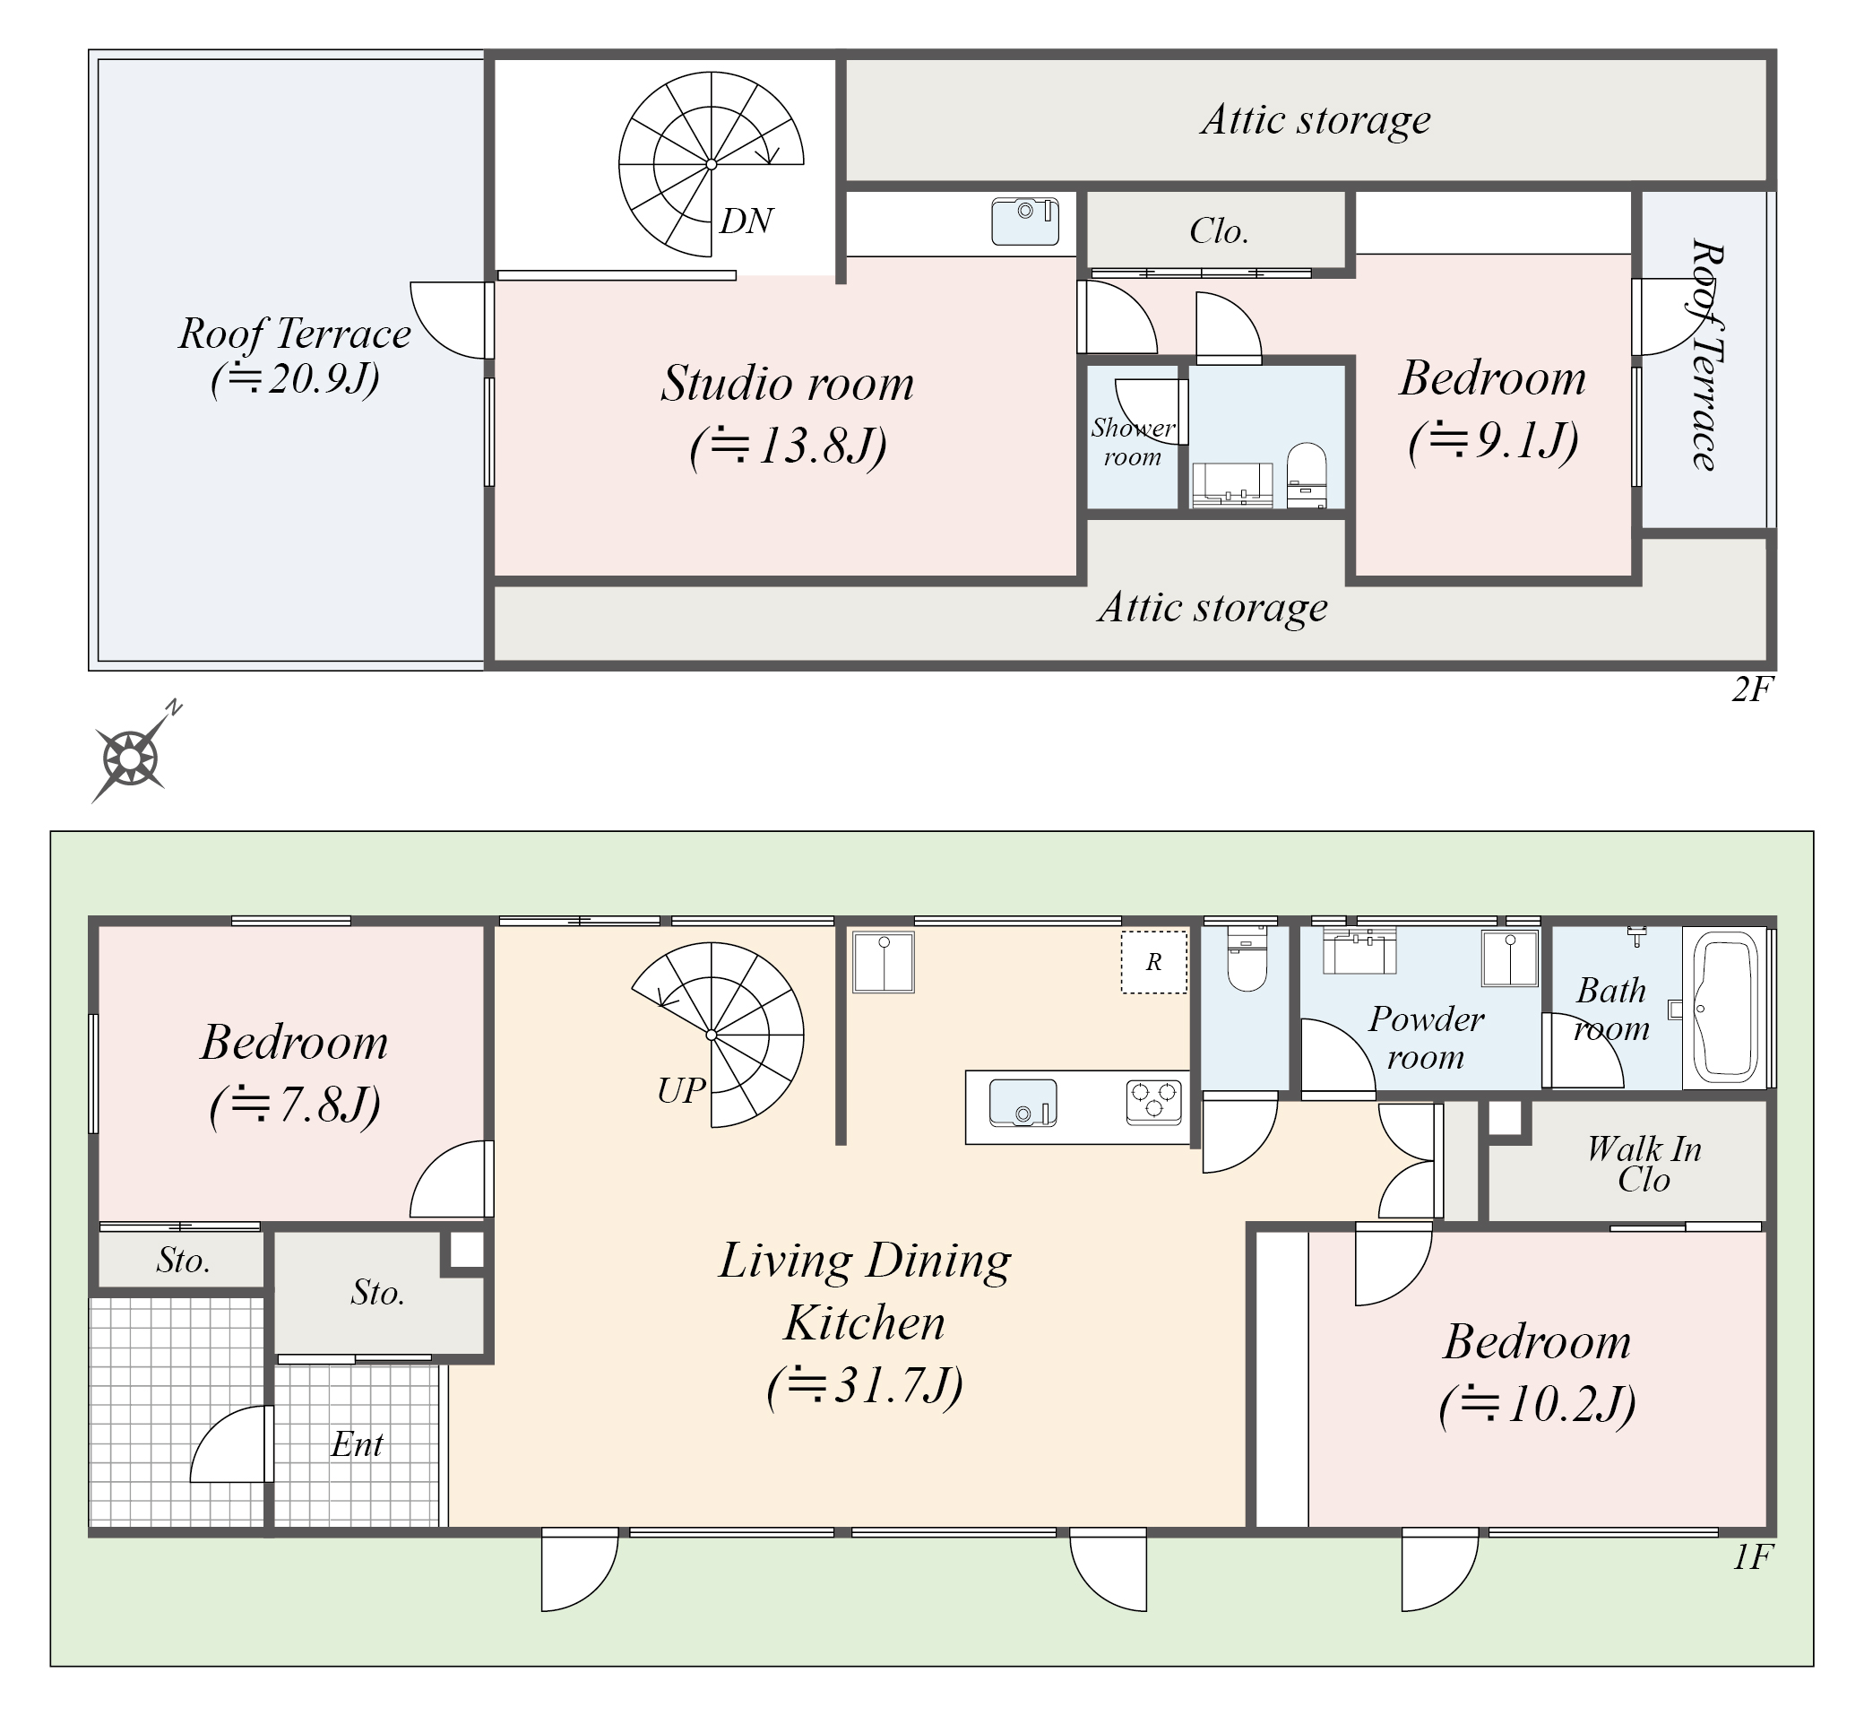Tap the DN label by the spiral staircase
point(746,221)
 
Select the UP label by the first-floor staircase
point(681,1090)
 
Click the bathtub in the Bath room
point(1727,1007)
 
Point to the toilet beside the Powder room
point(1246,958)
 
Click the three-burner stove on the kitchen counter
point(1154,1102)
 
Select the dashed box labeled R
point(1154,962)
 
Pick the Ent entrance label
point(358,1444)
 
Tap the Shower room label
point(1133,442)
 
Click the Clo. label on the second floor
point(1219,231)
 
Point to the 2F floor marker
point(1752,690)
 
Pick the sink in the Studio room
point(1026,221)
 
